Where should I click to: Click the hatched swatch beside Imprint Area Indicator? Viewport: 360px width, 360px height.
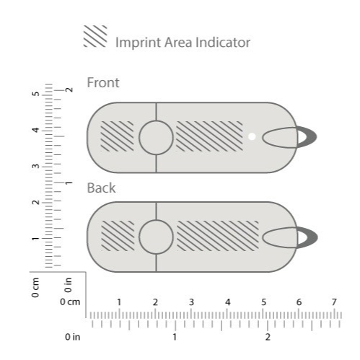tap(95, 36)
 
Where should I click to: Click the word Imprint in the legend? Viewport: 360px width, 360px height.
tap(139, 43)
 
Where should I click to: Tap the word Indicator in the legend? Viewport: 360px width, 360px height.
tap(223, 43)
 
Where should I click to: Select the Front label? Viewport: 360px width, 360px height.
tap(103, 83)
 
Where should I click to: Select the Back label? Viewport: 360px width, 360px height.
tap(101, 188)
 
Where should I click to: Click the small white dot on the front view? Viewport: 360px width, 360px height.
tap(252, 136)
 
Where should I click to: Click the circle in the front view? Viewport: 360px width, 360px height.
tap(156, 138)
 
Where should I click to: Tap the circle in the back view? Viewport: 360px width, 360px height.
tap(156, 237)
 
